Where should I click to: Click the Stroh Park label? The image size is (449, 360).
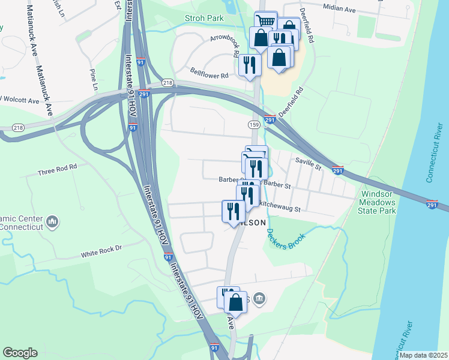point(205,18)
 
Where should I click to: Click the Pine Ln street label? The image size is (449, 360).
point(94,79)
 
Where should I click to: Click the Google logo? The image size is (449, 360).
point(20,353)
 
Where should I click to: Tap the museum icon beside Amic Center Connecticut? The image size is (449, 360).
point(52,223)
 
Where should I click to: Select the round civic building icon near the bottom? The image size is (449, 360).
point(259,298)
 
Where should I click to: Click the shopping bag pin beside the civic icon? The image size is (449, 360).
point(236,302)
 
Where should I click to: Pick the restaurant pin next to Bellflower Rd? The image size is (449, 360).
point(249,64)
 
